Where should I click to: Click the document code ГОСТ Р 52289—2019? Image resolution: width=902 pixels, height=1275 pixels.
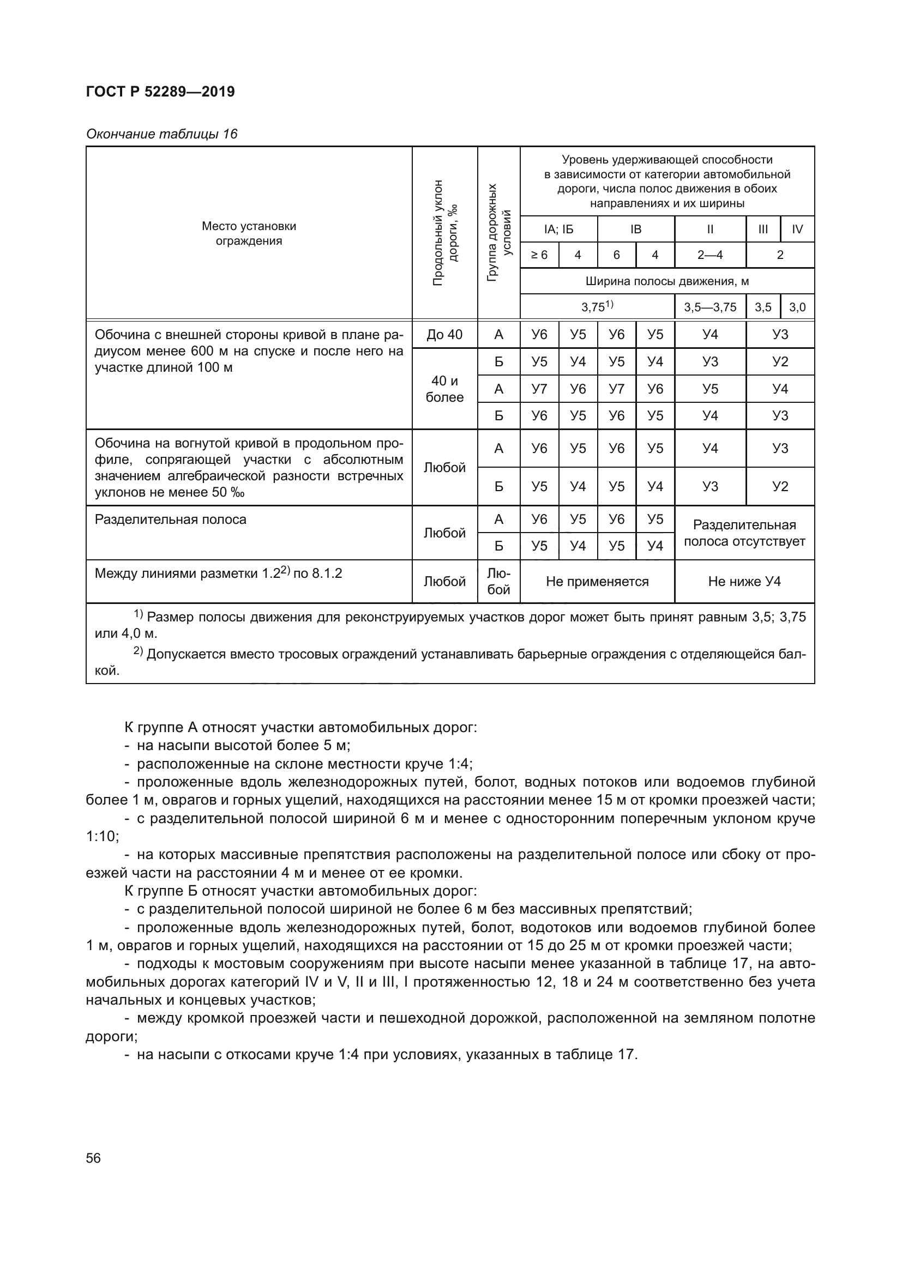pos(160,92)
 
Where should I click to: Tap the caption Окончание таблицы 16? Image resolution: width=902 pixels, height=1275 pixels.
pos(161,134)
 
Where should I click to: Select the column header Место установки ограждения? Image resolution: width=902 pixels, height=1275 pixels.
pos(249,233)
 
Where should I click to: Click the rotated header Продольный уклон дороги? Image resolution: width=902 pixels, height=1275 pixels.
pos(445,233)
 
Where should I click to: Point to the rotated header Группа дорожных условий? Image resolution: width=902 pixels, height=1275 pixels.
pos(499,233)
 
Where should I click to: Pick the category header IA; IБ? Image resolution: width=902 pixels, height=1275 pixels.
pos(558,229)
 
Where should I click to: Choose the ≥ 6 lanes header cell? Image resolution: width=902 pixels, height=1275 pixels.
pos(539,255)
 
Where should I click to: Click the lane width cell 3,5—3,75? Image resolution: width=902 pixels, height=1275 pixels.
pos(710,307)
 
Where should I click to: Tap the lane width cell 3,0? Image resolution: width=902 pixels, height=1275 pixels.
pos(797,307)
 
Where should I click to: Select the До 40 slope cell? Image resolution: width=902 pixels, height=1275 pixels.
pos(444,334)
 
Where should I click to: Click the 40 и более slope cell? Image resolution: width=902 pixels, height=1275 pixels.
pos(444,389)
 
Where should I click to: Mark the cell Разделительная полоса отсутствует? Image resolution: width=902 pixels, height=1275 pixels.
pos(744,533)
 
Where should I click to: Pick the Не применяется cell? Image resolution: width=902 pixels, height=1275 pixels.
pos(597,582)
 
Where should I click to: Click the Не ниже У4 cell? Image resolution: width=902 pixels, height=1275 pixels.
pos(744,582)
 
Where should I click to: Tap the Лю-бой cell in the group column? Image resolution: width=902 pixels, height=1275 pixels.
pos(499,582)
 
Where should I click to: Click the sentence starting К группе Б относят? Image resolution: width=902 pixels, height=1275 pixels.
pos(300,891)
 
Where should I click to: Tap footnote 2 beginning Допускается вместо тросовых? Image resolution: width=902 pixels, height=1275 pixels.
pos(470,654)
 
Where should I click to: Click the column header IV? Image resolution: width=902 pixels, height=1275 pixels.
pos(797,229)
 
